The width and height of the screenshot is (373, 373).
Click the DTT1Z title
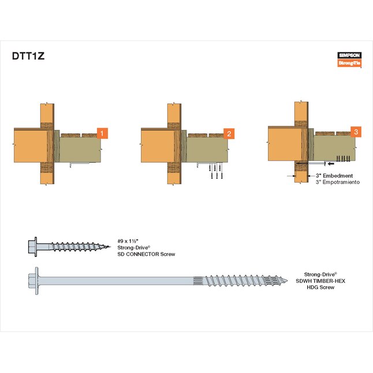point(28,56)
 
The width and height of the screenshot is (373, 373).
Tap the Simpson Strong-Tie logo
point(349,59)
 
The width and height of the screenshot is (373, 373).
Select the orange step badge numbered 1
point(102,133)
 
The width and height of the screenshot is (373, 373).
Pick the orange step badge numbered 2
point(229,133)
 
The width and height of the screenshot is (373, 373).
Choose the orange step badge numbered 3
point(356,132)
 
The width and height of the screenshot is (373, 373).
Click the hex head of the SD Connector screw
point(32,247)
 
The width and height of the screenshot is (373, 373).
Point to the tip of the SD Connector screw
point(110,247)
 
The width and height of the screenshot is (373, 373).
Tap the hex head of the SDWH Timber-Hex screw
point(33,281)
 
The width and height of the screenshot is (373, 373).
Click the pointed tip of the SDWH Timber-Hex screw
point(287,281)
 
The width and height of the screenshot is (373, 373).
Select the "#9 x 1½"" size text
point(128,241)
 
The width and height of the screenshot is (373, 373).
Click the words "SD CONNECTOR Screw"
point(146,254)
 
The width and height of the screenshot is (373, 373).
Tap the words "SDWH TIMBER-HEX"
point(320,281)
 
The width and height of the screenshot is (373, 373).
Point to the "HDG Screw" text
point(320,288)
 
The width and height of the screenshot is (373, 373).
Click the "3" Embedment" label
point(334,176)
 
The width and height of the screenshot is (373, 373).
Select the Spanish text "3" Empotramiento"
point(338,182)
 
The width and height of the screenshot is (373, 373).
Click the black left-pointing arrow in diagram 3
point(331,163)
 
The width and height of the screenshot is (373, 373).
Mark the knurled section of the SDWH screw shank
point(197,281)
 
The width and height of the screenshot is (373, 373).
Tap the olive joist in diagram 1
point(80,150)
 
